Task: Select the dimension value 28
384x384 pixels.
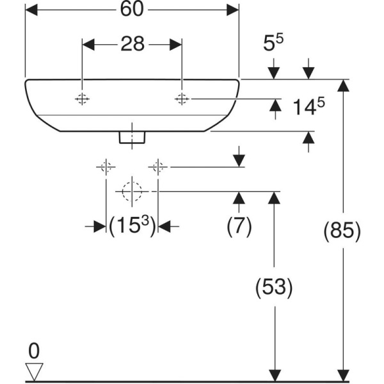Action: click(132, 44)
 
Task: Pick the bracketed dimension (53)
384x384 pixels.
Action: click(274, 287)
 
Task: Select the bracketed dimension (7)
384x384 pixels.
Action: click(239, 226)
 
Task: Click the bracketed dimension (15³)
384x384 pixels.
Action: click(132, 226)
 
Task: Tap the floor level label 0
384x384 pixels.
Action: click(34, 350)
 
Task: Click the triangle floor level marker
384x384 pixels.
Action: click(34, 371)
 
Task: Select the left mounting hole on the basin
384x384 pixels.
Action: click(82, 99)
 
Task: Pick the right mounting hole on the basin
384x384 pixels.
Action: click(182, 99)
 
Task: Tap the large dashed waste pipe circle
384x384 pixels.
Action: click(132, 191)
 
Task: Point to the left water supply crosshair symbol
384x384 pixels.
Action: click(106, 168)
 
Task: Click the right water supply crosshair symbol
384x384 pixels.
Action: click(158, 168)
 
